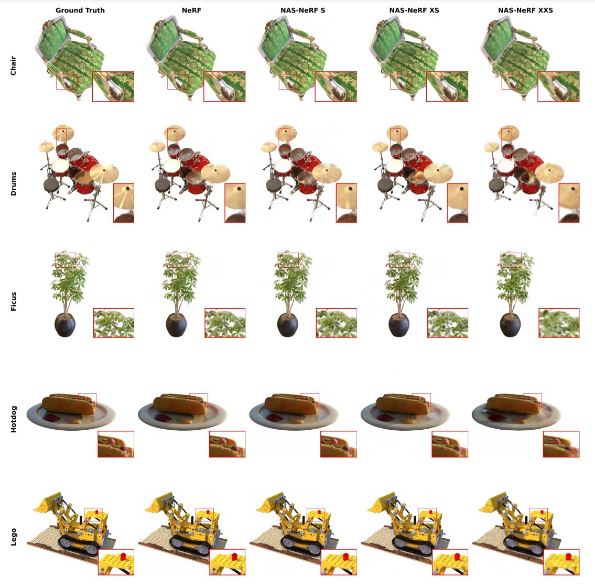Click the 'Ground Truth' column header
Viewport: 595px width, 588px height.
[80, 10]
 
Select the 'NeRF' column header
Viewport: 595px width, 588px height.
[191, 10]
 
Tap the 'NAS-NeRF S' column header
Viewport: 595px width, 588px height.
[303, 10]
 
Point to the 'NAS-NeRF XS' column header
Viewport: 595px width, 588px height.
[414, 10]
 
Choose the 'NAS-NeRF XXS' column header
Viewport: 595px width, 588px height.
[526, 10]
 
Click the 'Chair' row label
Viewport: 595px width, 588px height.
[13, 66]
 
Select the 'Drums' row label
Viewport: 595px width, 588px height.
[13, 183]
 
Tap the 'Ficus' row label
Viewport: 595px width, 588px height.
[13, 301]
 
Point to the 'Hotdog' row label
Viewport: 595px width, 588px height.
[13, 419]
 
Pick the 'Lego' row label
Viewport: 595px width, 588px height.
[13, 537]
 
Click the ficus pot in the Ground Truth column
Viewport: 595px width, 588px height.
[65, 325]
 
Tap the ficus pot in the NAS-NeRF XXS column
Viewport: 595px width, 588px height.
[511, 325]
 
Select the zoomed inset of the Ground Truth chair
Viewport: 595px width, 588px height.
[113, 86]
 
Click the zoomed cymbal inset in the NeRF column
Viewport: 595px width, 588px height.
[235, 203]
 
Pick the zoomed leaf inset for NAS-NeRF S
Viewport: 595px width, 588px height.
[336, 323]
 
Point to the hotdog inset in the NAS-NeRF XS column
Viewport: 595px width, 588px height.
[450, 444]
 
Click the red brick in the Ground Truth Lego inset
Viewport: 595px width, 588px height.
[123, 557]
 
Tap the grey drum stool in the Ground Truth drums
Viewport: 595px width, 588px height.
[51, 185]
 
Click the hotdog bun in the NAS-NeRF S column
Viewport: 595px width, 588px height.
[291, 405]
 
